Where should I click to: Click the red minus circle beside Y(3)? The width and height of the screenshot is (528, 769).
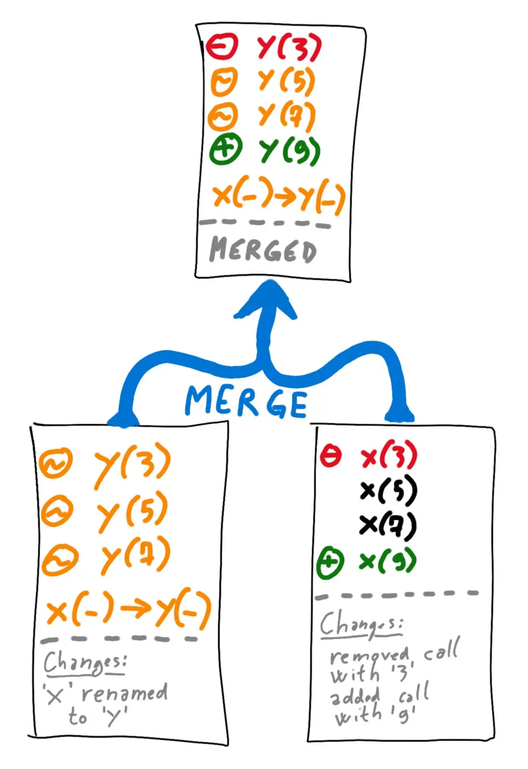[x=222, y=46]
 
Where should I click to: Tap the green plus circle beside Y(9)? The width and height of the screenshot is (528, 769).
[x=225, y=149]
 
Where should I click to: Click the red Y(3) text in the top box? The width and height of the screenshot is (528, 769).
[x=290, y=48]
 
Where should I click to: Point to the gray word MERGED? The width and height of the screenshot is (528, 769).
[x=263, y=250]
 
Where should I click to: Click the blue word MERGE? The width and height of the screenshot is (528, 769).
[x=246, y=401]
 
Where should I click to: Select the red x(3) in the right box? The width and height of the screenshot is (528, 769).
[x=388, y=455]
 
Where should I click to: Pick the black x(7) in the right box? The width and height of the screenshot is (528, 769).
[x=387, y=525]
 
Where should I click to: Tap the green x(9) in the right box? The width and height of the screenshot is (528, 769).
[x=387, y=560]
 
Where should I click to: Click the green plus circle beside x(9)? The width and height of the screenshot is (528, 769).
[x=330, y=562]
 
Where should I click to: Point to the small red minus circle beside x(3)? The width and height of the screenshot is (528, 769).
[x=330, y=456]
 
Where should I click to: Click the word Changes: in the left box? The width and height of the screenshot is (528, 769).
[x=85, y=662]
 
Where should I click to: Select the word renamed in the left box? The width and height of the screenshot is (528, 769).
[x=125, y=693]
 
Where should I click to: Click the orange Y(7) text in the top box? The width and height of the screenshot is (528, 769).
[x=286, y=115]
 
